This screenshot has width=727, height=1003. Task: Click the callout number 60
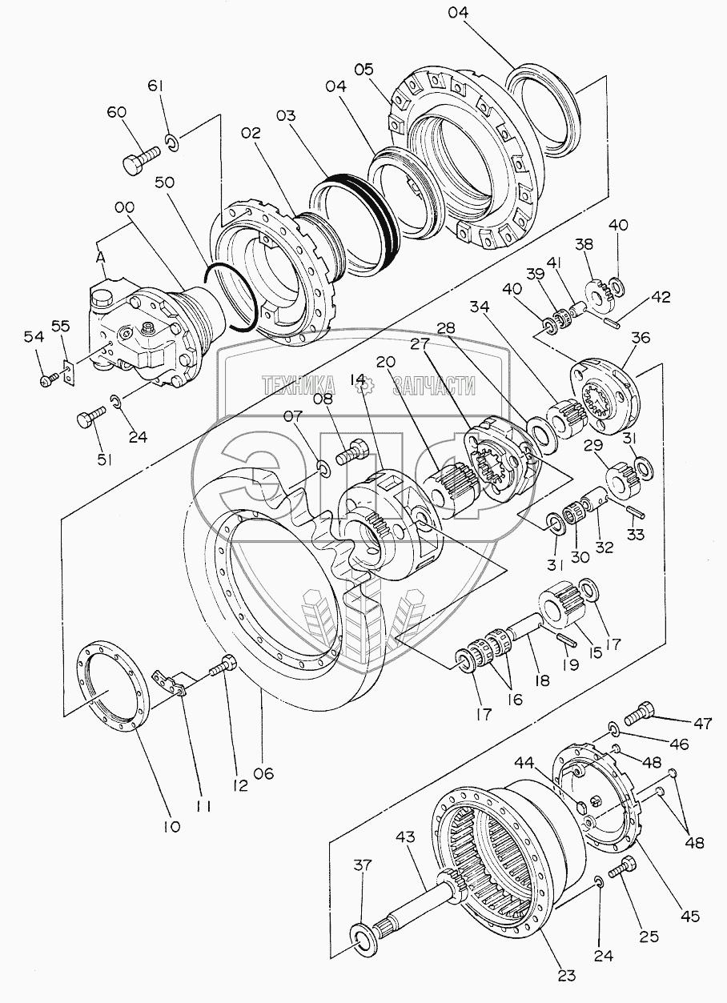click(x=116, y=113)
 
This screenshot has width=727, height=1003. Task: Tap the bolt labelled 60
click(x=138, y=162)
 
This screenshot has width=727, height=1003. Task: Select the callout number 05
click(x=364, y=70)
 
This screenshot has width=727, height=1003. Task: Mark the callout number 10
click(x=173, y=824)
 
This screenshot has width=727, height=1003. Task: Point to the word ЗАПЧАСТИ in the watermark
click(x=434, y=387)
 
